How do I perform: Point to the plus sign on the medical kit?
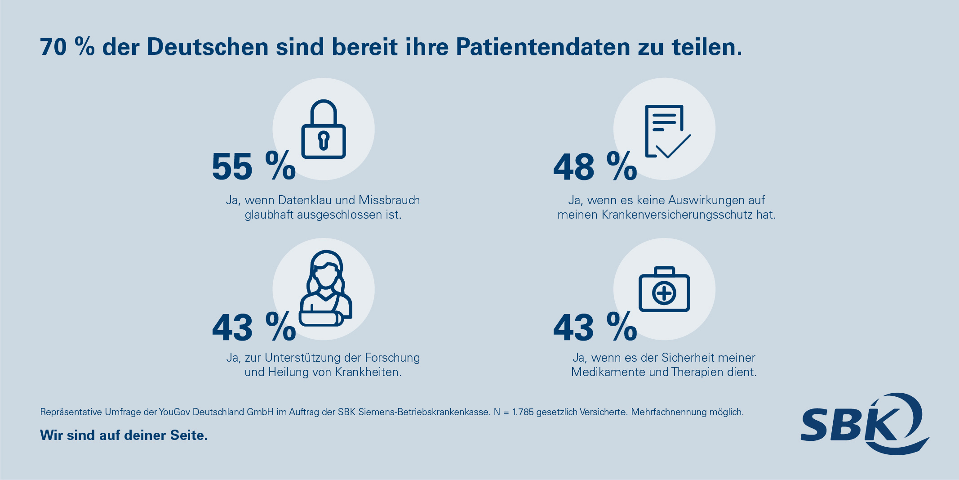click(x=664, y=294)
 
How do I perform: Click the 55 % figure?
click(x=253, y=166)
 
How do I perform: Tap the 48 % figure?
click(x=595, y=166)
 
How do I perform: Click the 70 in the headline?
click(x=53, y=47)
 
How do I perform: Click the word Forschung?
click(x=392, y=358)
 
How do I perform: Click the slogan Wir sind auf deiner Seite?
click(x=124, y=435)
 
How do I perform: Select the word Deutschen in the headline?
click(x=208, y=47)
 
